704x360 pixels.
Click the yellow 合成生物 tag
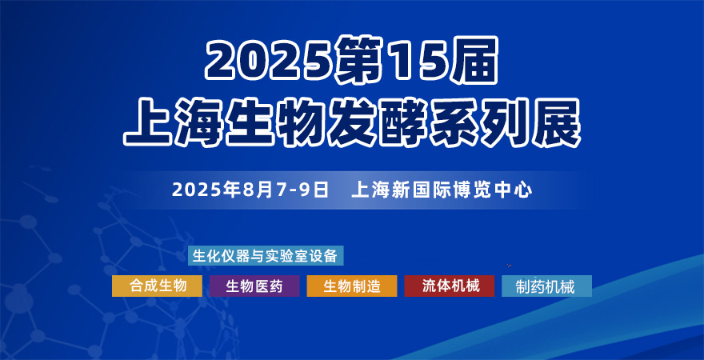[x=157, y=286]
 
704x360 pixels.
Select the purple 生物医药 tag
[x=254, y=286]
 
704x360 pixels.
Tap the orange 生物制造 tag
[x=352, y=286]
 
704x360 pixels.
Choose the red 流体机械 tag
[x=450, y=286]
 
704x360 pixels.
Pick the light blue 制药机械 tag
[x=547, y=286]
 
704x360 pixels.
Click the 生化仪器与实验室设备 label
[x=266, y=256]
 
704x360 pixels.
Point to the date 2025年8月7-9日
[x=250, y=190]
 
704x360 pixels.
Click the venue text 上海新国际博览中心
[x=442, y=190]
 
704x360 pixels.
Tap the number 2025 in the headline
[x=270, y=61]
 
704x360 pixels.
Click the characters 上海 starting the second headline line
[x=174, y=123]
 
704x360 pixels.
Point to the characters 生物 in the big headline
[x=276, y=123]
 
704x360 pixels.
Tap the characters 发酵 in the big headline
[x=378, y=123]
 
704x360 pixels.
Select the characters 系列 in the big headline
[x=480, y=123]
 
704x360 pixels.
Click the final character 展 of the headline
[x=556, y=123]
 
